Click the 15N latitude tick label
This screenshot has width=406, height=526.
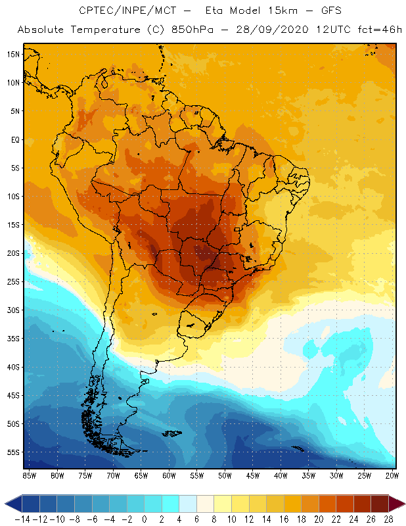(12, 54)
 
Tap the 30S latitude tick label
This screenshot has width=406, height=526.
(12, 310)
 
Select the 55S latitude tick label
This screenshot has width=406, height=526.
(12, 452)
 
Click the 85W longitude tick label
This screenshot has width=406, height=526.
(29, 475)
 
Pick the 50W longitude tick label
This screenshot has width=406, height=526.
(225, 475)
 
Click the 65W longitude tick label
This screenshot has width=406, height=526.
(141, 475)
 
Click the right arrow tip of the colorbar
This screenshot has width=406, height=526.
(403, 504)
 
